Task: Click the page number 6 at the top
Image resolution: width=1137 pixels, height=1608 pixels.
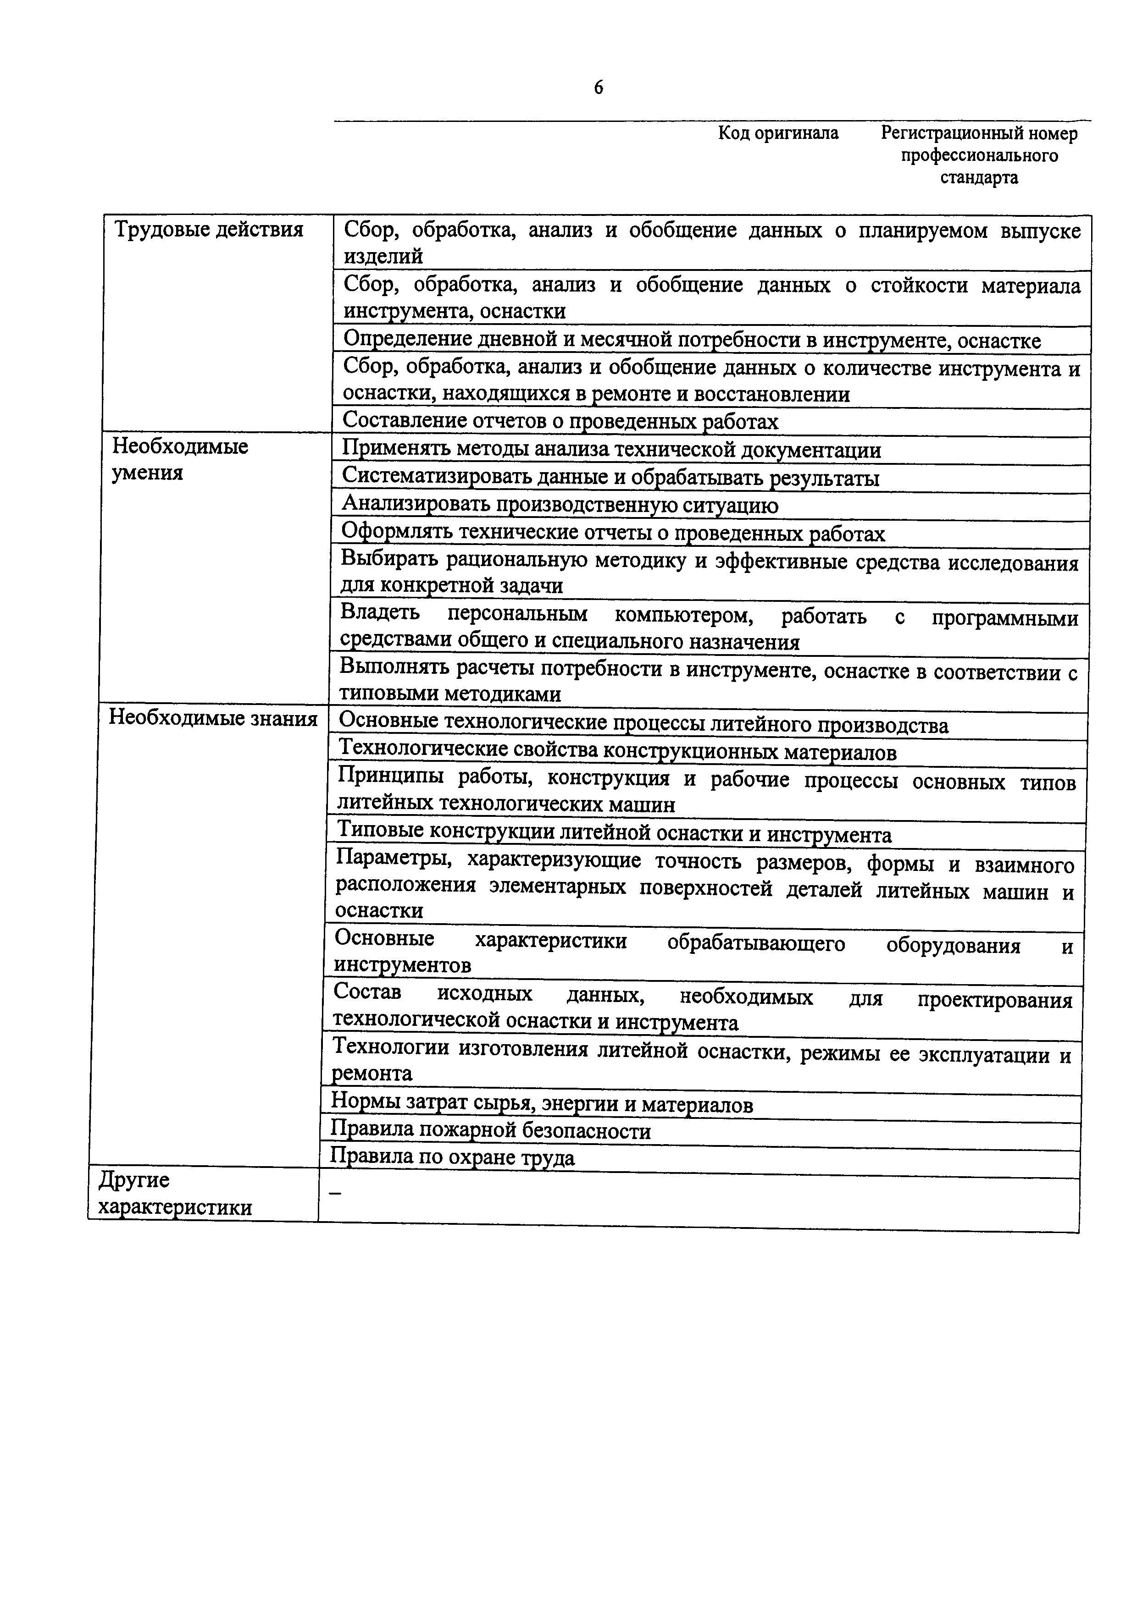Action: (x=598, y=88)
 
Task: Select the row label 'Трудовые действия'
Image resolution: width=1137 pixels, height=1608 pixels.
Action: (x=208, y=229)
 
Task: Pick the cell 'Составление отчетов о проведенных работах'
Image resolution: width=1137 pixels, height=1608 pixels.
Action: (x=560, y=421)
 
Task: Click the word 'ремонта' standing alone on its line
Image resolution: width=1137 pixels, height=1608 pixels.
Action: (x=372, y=1073)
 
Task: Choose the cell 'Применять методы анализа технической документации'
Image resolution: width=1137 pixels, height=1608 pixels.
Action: (x=611, y=450)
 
